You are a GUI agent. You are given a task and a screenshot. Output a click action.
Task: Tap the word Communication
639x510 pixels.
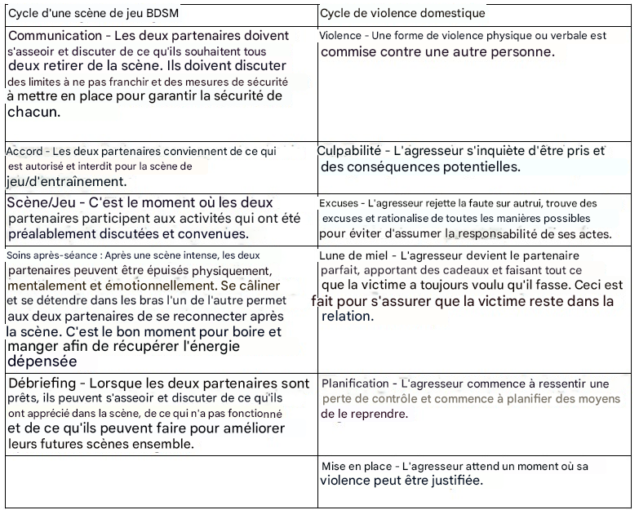point(56,36)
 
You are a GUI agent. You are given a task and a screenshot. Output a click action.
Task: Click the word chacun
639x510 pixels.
point(33,112)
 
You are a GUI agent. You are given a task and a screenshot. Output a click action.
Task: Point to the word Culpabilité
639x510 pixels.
point(350,151)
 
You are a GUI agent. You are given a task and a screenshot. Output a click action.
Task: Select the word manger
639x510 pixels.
point(32,348)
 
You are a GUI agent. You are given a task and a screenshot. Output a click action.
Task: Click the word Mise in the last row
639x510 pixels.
point(335,466)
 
